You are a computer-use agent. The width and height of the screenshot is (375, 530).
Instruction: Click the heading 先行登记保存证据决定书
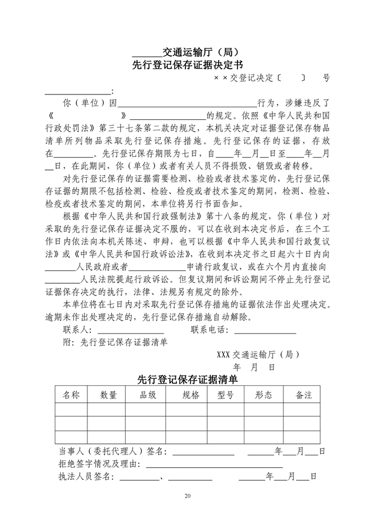click(187, 65)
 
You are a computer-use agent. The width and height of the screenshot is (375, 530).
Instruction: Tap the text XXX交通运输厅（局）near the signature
click(259, 355)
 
